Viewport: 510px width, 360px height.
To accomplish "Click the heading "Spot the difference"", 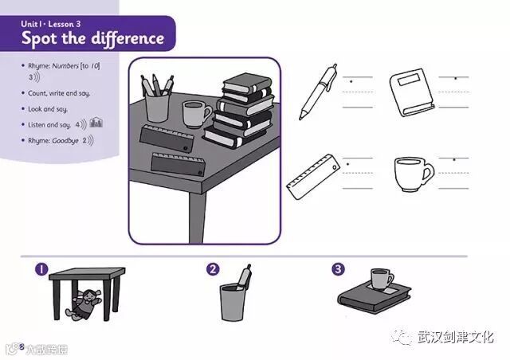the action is click(92, 37).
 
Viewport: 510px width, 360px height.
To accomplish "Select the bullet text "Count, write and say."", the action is click(61, 93).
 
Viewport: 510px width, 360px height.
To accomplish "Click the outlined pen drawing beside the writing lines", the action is click(317, 92).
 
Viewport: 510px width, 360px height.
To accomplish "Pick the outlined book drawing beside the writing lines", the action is click(411, 92).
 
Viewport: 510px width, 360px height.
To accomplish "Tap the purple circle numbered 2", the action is click(213, 269).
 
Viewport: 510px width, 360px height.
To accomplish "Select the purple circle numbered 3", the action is click(338, 269).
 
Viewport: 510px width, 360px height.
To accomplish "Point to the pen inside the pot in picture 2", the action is click(243, 278).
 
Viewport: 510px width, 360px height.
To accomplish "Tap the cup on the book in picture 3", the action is click(381, 280).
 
